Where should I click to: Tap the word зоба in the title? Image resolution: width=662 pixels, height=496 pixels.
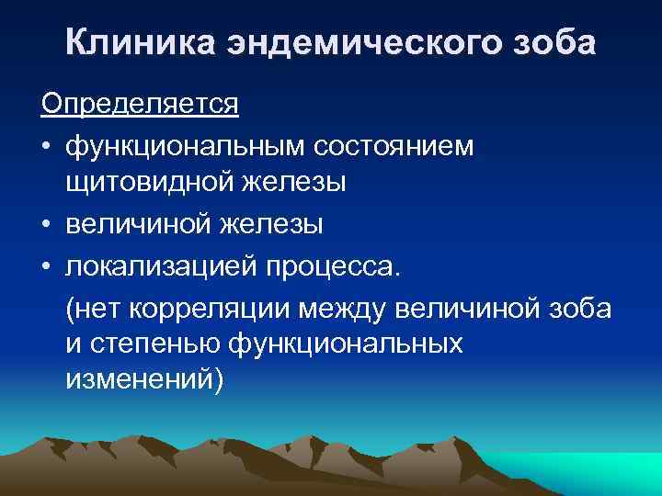(x=554, y=43)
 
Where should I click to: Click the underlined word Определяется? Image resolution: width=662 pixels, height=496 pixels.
(x=140, y=103)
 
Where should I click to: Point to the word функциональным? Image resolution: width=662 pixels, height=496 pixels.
(x=185, y=147)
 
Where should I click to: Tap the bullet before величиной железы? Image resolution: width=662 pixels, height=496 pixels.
(x=47, y=226)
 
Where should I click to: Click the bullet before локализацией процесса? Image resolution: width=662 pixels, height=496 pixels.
(x=47, y=266)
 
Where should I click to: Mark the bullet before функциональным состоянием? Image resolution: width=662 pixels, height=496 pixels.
(x=47, y=147)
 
